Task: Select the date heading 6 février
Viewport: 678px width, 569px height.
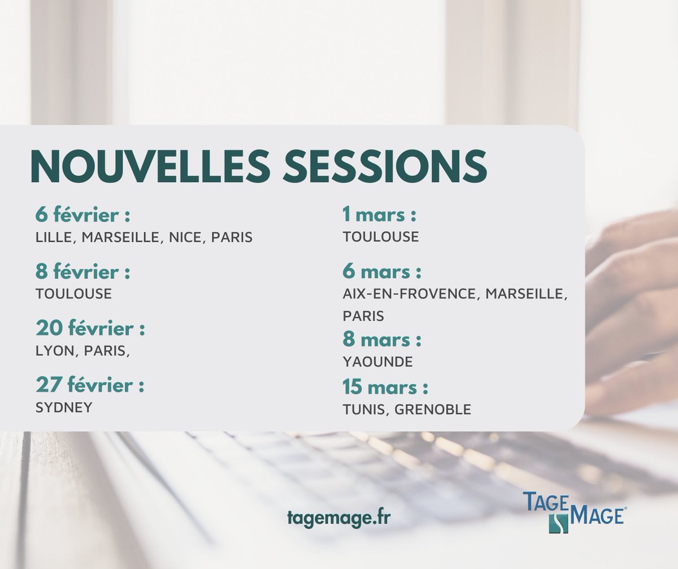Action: [82, 215]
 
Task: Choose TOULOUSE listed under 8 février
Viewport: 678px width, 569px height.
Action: [73, 294]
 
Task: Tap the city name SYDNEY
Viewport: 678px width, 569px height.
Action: [64, 408]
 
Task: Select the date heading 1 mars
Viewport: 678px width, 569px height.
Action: [379, 215]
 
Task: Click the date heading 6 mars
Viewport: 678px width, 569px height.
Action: [381, 272]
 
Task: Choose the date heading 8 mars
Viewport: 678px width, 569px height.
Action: [381, 340]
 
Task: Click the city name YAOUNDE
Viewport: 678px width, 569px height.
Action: [377, 361]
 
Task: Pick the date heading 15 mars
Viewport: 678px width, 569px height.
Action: [385, 388]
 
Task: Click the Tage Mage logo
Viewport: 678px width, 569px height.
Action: [573, 511]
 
